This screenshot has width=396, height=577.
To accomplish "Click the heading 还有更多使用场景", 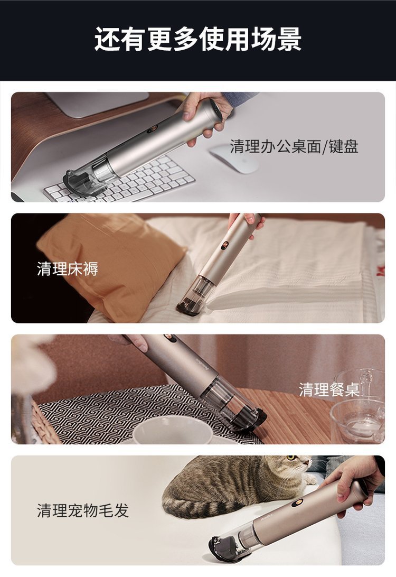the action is click(x=198, y=39).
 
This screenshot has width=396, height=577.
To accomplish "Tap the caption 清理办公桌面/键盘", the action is click(x=294, y=146).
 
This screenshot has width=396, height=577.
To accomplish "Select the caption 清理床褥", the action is click(x=68, y=269).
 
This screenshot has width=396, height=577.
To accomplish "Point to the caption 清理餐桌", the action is click(x=329, y=390).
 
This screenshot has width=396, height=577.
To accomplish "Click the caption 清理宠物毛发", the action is click(x=83, y=510).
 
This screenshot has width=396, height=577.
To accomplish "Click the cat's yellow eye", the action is click(x=291, y=458).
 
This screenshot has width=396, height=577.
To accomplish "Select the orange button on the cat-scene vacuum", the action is click(x=298, y=502).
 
